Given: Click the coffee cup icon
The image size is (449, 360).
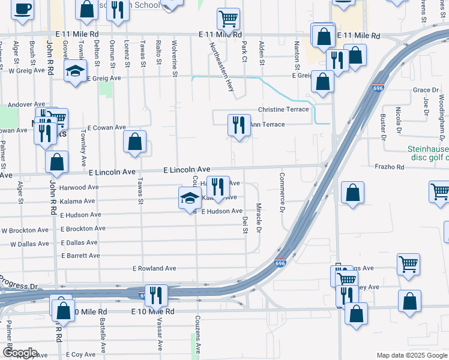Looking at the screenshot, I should (23, 10).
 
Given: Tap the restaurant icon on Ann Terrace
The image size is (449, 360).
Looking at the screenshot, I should (239, 125).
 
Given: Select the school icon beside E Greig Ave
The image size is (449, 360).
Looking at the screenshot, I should (76, 73).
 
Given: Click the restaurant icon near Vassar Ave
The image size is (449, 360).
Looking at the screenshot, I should (156, 295).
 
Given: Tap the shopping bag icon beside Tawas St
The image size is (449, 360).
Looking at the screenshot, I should (135, 142).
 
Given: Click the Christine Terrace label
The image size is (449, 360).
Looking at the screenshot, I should (283, 109).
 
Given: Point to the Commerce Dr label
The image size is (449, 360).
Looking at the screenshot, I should (282, 193).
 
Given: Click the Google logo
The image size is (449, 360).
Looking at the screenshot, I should (19, 353).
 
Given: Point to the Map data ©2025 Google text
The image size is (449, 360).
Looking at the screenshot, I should (412, 355).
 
